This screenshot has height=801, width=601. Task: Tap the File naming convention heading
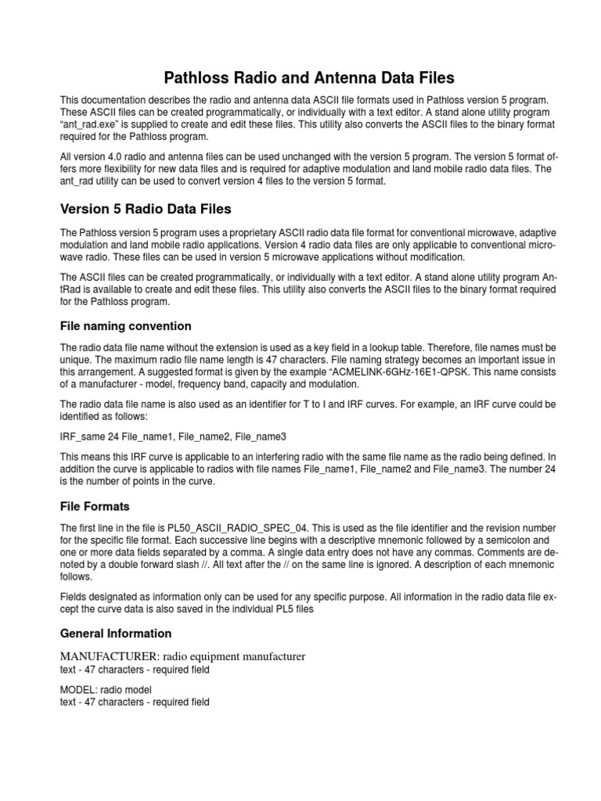(125, 325)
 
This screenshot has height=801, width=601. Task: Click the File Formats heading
(95, 506)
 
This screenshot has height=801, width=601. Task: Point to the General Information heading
(116, 633)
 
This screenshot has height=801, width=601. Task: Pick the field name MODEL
(77, 689)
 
